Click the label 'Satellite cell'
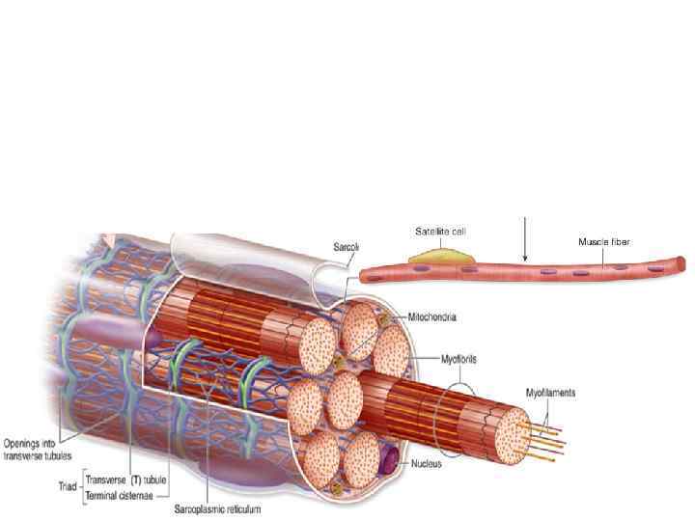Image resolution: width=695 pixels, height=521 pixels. click(x=441, y=232)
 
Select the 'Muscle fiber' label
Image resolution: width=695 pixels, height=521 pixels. click(x=604, y=241)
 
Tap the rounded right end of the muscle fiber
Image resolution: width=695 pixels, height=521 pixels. click(x=681, y=263)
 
